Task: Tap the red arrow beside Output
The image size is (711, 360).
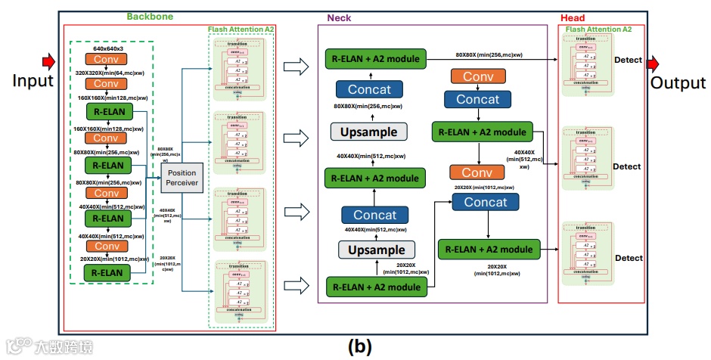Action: pyautogui.click(x=654, y=60)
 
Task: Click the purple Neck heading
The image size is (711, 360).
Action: pyautogui.click(x=338, y=17)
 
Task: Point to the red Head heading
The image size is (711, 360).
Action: pyautogui.click(x=573, y=17)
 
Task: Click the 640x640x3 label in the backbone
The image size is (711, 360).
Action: pyautogui.click(x=107, y=47)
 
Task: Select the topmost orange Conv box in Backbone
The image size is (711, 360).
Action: pyautogui.click(x=107, y=59)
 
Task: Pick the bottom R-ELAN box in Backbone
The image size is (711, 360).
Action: pyautogui.click(x=107, y=272)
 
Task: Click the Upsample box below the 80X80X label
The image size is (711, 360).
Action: pyautogui.click(x=369, y=132)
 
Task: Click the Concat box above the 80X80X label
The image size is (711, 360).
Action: pyautogui.click(x=369, y=89)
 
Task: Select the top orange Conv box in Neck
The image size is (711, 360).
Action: pyautogui.click(x=478, y=76)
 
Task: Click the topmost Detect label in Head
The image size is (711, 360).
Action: pyautogui.click(x=628, y=60)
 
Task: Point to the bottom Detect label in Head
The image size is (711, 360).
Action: pyautogui.click(x=628, y=259)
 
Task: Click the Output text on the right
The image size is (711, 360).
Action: pyautogui.click(x=678, y=83)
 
